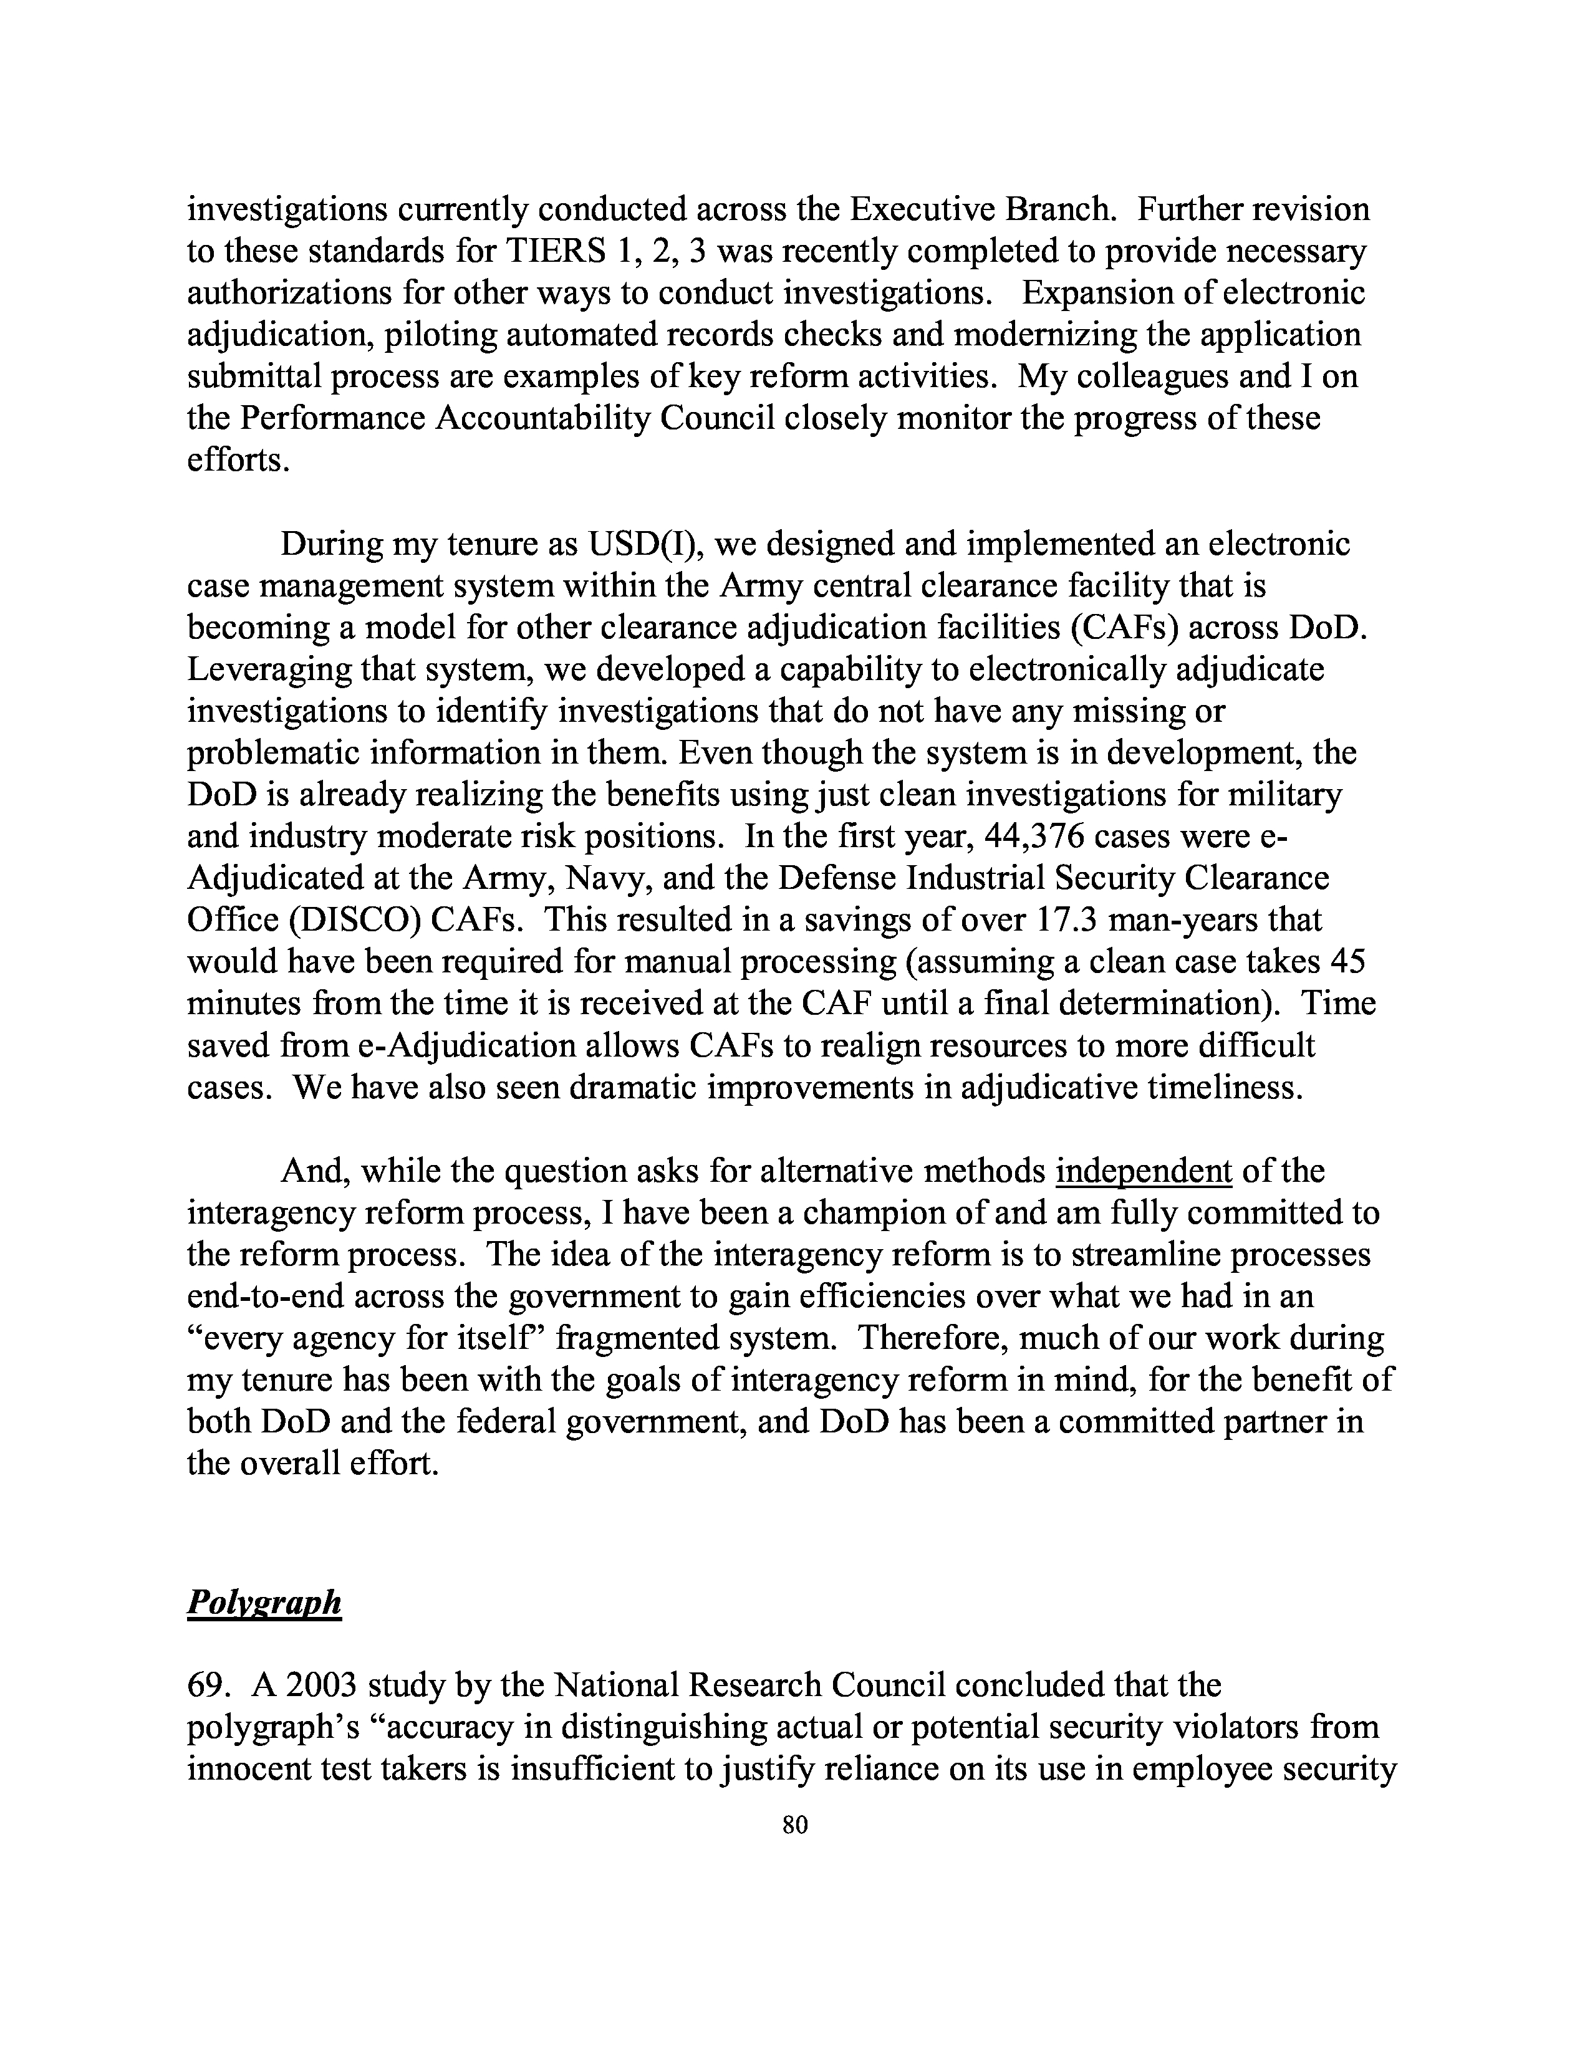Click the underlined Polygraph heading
click(264, 1601)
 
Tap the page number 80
click(795, 1825)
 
